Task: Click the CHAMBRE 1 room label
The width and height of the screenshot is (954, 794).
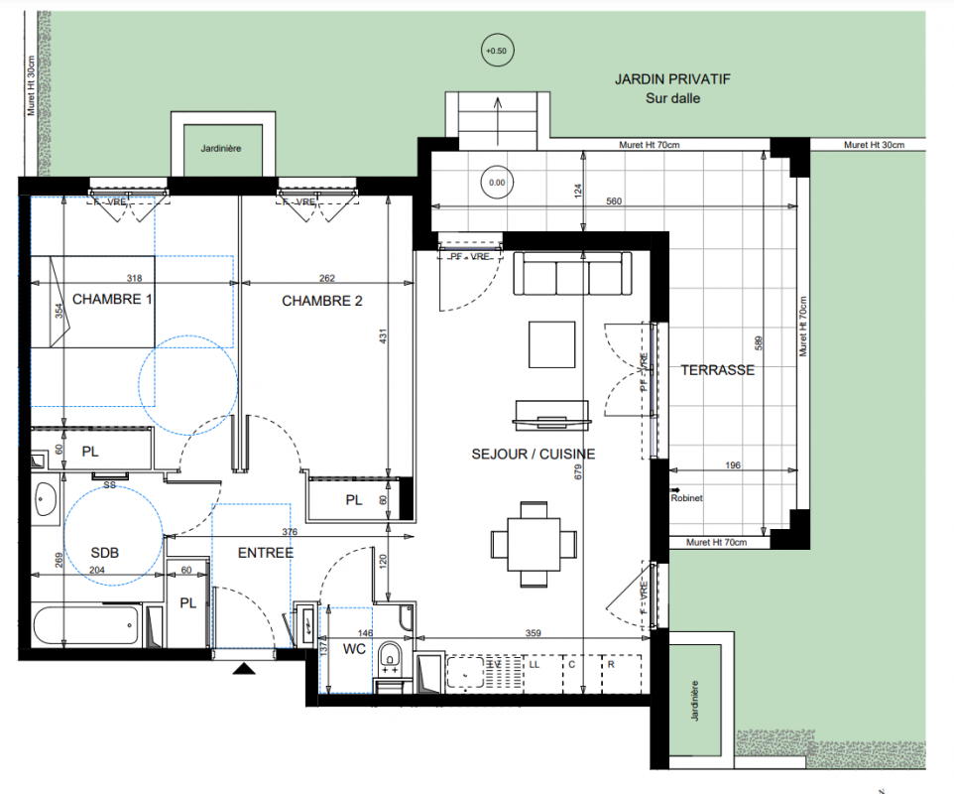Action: [x=112, y=300]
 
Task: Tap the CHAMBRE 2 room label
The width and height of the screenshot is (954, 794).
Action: [x=322, y=301]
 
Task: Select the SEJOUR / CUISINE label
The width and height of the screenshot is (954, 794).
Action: [x=533, y=455]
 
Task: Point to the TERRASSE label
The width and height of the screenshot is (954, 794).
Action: [x=717, y=370]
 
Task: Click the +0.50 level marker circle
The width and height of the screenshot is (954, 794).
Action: [x=497, y=51]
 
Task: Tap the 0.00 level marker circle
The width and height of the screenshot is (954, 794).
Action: [x=497, y=182]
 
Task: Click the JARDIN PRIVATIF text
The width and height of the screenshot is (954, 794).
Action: [x=672, y=79]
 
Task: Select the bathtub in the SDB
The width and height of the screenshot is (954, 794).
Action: [x=86, y=625]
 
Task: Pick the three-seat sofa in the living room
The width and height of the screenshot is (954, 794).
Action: [x=572, y=273]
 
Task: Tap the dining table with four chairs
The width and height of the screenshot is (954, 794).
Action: [x=534, y=544]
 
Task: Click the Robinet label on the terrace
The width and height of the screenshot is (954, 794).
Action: [x=686, y=498]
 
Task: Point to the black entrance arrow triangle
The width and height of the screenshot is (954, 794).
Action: [x=244, y=669]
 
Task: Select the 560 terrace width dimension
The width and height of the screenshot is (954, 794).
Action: [x=614, y=201]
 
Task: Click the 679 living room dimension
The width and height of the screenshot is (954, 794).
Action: [x=578, y=471]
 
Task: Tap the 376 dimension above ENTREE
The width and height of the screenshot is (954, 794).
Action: [x=290, y=532]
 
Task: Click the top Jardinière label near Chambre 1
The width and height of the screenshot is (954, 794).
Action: [x=221, y=149]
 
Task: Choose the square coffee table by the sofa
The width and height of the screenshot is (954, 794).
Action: [x=551, y=344]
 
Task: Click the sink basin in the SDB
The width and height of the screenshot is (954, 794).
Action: [x=45, y=498]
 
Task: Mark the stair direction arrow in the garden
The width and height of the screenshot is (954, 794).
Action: [x=498, y=121]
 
